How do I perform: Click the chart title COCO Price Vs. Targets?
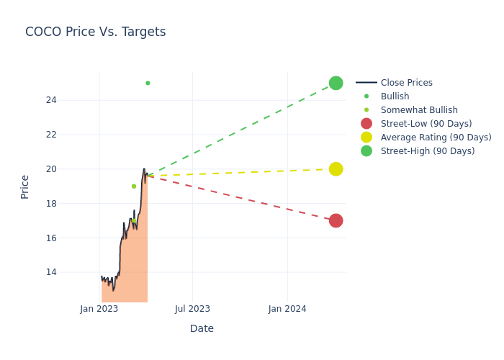coord(95,32)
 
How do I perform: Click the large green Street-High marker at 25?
coord(336,83)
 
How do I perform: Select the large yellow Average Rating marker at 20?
coord(336,169)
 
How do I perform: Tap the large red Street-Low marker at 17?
coord(336,220)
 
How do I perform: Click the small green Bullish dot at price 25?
coord(148,83)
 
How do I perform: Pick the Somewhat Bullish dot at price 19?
coord(134,186)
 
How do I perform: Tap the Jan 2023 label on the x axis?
coord(99,309)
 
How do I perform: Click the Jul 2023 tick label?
coord(193,309)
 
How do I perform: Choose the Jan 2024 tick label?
coord(287,309)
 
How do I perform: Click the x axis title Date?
coord(202,328)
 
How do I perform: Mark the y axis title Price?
coord(25,186)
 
